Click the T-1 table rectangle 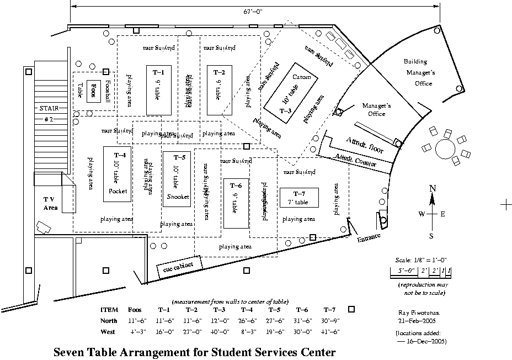coord(158,89)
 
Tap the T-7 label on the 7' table coord(298,193)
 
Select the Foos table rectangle coord(94,90)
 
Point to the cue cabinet coord(179,266)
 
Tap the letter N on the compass coord(433,189)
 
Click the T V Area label coord(50,203)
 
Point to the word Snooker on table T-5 coord(178,197)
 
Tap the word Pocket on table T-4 coord(118,191)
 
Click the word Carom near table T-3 coord(302,77)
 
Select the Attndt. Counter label coord(356,161)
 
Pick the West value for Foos coord(137,332)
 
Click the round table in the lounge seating coord(444,148)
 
